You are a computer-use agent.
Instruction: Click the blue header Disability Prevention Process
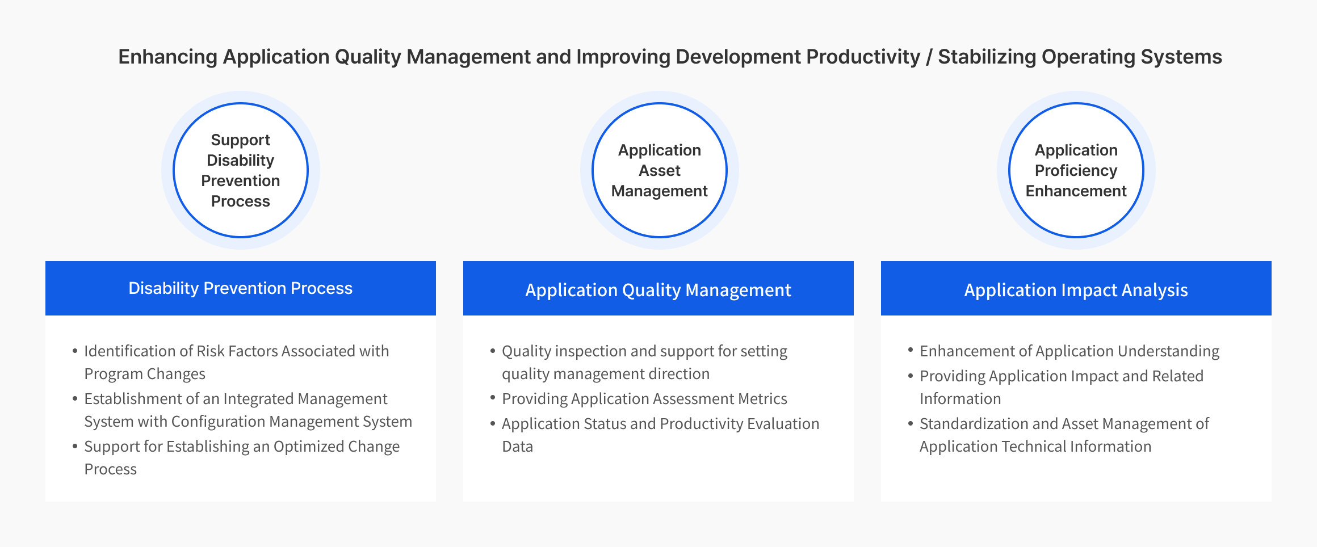coord(241,288)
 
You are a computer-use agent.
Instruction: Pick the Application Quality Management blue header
coord(658,288)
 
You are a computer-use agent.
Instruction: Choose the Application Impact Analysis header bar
coord(1076,288)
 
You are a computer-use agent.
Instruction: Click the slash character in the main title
coord(929,57)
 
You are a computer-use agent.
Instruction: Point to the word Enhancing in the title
coord(168,57)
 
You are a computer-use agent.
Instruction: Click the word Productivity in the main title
coord(863,57)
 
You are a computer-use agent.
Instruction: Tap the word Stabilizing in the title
coord(987,57)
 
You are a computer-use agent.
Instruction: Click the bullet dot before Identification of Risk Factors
coord(75,351)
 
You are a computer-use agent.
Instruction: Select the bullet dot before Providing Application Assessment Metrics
coord(493,398)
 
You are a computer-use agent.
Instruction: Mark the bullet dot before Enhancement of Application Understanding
coord(911,351)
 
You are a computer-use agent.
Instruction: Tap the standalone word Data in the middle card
coord(518,447)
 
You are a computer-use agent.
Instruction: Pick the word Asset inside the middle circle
coord(660,170)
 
